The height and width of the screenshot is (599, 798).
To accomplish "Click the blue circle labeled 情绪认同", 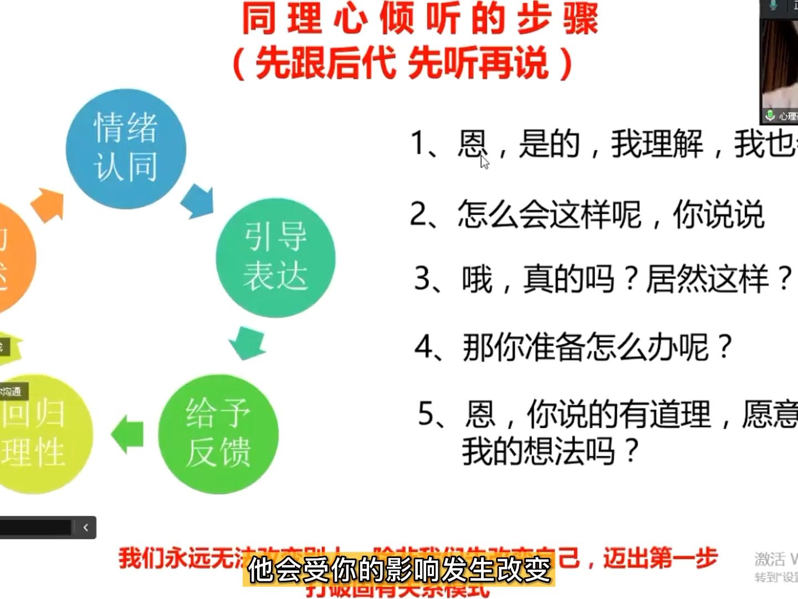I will click(x=126, y=148).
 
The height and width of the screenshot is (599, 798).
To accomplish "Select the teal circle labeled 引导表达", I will click(x=275, y=257).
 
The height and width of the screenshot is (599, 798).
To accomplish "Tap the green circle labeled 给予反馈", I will click(x=218, y=434).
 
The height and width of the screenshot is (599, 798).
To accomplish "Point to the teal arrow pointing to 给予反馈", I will click(x=247, y=342).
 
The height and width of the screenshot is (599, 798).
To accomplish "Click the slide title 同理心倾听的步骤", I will click(x=420, y=19).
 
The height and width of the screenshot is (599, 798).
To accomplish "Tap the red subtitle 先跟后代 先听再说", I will click(x=403, y=62).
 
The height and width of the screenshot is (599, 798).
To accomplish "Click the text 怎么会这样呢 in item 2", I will click(x=549, y=214).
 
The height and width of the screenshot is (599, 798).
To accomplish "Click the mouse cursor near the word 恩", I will click(x=484, y=162).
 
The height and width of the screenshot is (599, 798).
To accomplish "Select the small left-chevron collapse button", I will click(x=85, y=527).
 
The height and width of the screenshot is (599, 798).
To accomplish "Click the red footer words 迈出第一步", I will click(x=659, y=558).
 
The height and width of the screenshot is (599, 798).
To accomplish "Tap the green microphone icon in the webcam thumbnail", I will click(x=770, y=115).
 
